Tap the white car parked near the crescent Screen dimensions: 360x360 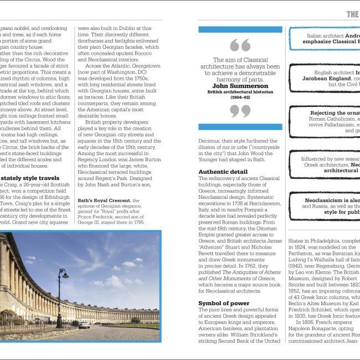click(84, 325)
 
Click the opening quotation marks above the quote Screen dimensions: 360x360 click(240, 45)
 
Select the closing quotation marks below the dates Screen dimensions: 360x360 click(240, 111)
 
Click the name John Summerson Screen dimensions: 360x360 click(240, 86)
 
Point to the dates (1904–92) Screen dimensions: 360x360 click(240, 97)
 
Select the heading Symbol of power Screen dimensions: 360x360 click(220, 303)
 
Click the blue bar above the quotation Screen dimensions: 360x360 click(240, 29)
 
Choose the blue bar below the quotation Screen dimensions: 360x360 click(240, 127)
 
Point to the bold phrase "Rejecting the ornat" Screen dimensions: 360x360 click(335, 113)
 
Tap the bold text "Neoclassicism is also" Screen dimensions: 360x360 click(332, 200)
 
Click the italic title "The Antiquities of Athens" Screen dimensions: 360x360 click(247, 272)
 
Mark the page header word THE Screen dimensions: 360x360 click(353, 14)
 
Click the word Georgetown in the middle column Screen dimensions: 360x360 click(143, 65)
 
